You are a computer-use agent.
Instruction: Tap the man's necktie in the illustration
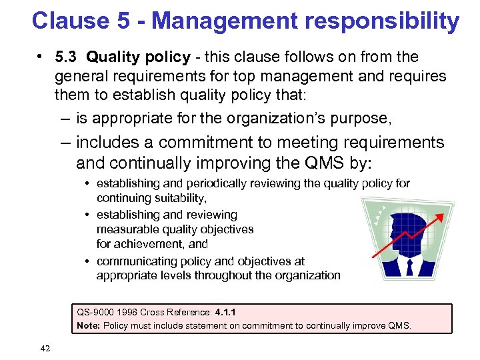click(409, 267)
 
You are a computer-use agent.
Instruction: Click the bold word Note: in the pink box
click(88, 325)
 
